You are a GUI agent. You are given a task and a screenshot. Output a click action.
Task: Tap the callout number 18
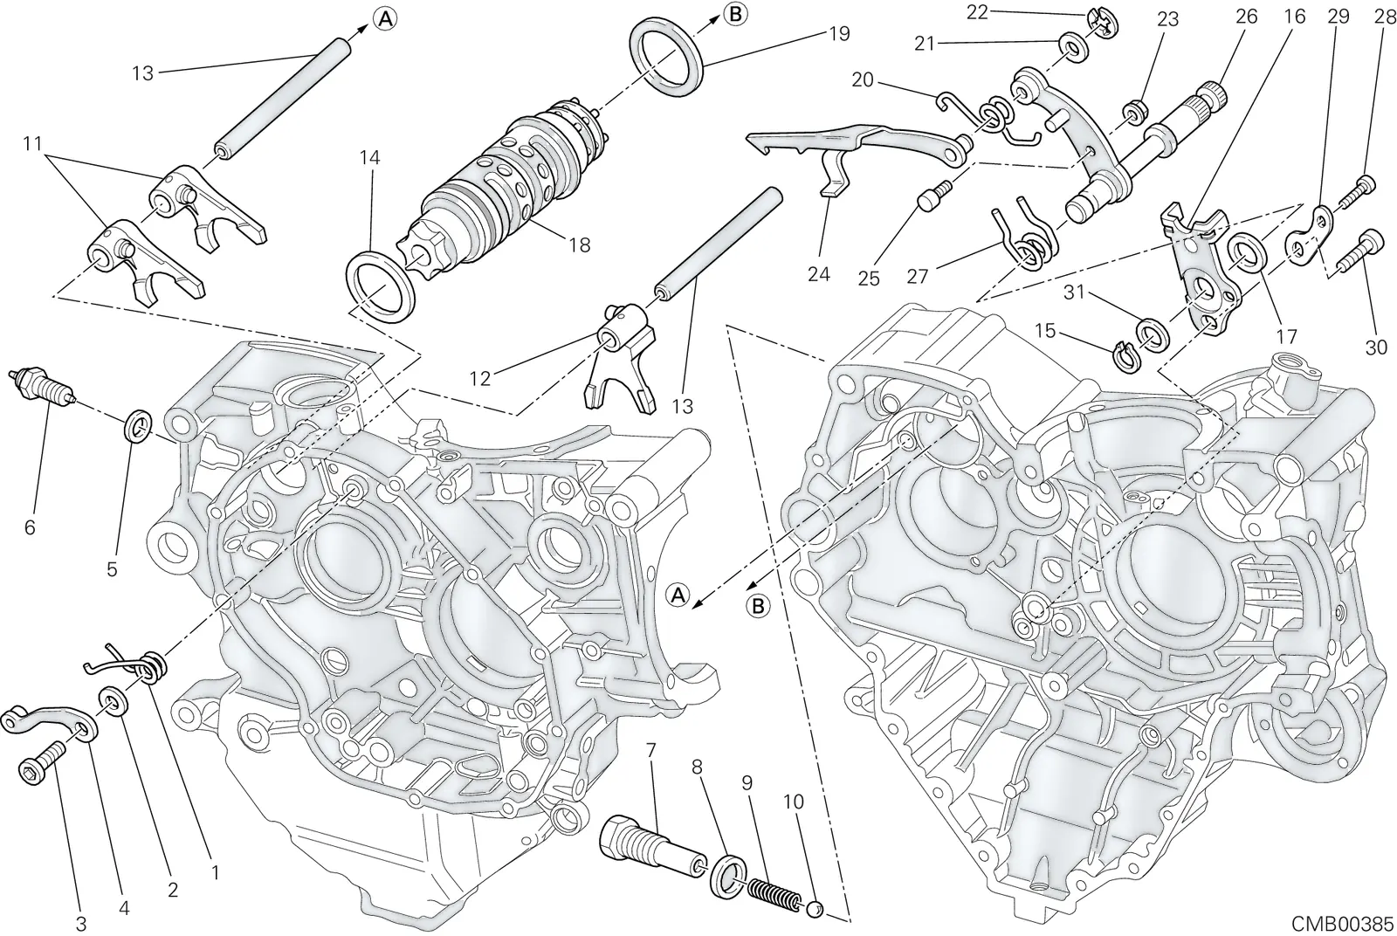tap(580, 245)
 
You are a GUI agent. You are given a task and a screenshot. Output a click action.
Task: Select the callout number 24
tap(818, 273)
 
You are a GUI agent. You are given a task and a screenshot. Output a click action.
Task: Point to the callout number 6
tap(30, 527)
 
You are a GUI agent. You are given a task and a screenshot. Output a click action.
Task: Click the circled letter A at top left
tap(385, 19)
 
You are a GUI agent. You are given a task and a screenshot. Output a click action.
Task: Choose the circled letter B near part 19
tap(736, 14)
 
